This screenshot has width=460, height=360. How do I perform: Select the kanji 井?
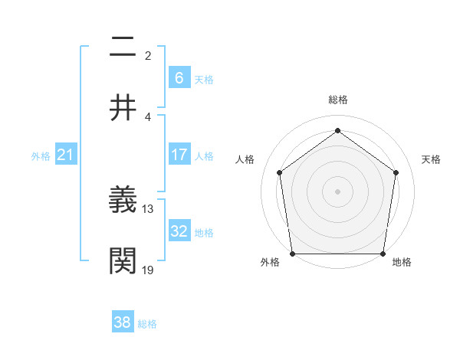123,107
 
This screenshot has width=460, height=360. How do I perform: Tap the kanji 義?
123,200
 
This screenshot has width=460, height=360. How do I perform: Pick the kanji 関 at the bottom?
123,260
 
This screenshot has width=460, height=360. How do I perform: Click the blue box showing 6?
179,77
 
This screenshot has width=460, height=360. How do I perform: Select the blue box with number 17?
179,155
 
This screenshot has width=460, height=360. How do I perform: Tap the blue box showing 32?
179,231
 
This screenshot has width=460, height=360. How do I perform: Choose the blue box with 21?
65,155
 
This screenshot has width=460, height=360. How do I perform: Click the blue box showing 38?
122,322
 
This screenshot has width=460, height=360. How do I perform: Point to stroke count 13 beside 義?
149,208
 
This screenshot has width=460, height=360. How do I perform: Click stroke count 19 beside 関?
149,270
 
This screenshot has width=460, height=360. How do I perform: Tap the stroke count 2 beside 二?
148,55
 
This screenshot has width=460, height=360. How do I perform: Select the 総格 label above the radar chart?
338,100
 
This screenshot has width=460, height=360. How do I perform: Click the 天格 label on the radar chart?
432,159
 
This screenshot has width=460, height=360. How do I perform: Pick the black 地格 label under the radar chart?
402,262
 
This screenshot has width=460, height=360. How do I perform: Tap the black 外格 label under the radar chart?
270,262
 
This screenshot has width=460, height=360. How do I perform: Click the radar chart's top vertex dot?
337,130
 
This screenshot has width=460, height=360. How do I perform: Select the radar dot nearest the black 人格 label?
280,172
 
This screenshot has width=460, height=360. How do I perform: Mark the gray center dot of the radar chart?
337,191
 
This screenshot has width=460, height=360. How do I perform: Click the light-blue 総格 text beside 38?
147,324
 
